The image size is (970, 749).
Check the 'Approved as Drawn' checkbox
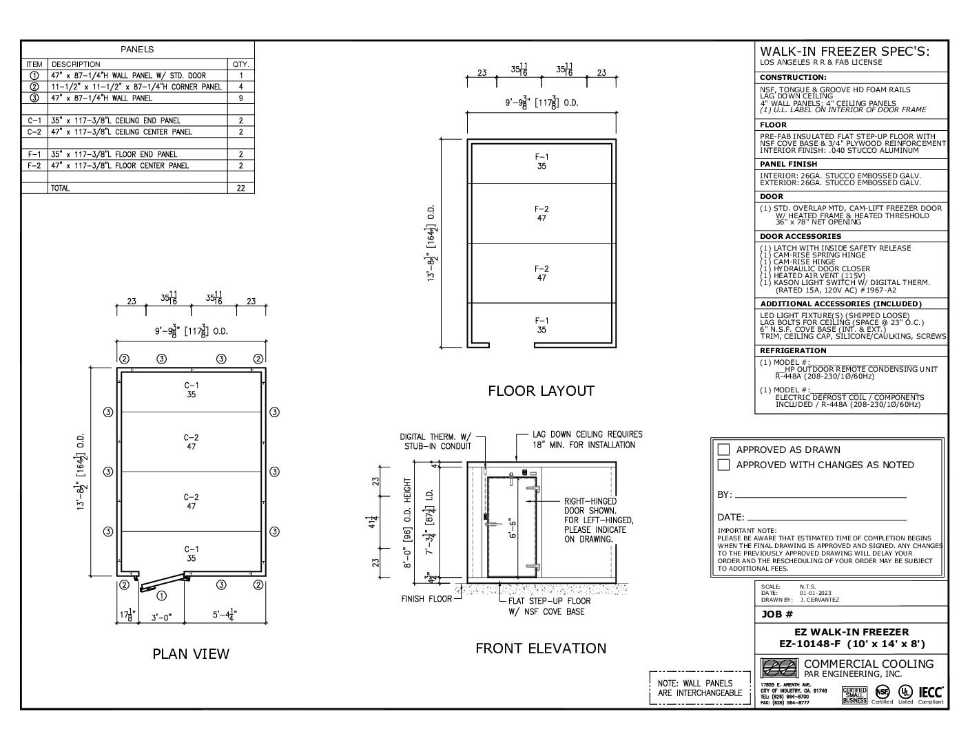(723, 450)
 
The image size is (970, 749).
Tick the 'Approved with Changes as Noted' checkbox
(723, 465)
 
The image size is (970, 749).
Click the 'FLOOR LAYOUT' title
(541, 391)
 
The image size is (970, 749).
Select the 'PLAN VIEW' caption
(191, 653)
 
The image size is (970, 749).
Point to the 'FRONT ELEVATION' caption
(541, 648)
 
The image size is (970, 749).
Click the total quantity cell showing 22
(240, 188)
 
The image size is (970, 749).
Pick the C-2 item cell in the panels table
(34, 131)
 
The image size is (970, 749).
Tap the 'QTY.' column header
(240, 64)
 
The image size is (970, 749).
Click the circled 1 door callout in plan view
(161, 595)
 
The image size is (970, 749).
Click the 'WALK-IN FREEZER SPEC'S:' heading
(845, 52)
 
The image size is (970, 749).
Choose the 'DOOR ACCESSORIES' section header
(801, 236)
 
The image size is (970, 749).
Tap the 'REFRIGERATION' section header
(793, 350)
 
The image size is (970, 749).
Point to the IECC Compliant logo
(931, 693)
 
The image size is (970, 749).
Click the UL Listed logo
(905, 692)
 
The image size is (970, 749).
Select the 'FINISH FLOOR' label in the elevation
(426, 599)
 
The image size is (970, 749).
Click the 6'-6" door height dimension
(513, 529)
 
